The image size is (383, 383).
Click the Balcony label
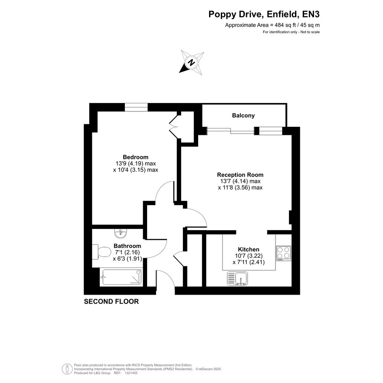[243, 116]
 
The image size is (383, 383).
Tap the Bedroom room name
[135, 157]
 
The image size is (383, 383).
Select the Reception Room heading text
[240, 175]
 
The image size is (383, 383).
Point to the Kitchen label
[249, 249]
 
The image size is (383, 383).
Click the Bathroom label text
[127, 246]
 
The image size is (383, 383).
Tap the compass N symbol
[192, 62]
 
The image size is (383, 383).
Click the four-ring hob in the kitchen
[284, 253]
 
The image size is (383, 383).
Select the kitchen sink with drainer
[238, 278]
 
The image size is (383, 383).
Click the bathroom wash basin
[120, 233]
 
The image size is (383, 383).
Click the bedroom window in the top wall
[136, 107]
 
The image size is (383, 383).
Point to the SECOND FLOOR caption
[111, 302]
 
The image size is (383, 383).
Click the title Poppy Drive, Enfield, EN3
[264, 15]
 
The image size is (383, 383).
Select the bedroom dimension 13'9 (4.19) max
[136, 163]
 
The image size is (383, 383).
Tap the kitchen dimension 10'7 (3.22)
[249, 256]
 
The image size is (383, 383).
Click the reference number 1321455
[131, 373]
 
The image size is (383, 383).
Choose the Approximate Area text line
[272, 25]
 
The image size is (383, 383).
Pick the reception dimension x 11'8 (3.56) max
[240, 188]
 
